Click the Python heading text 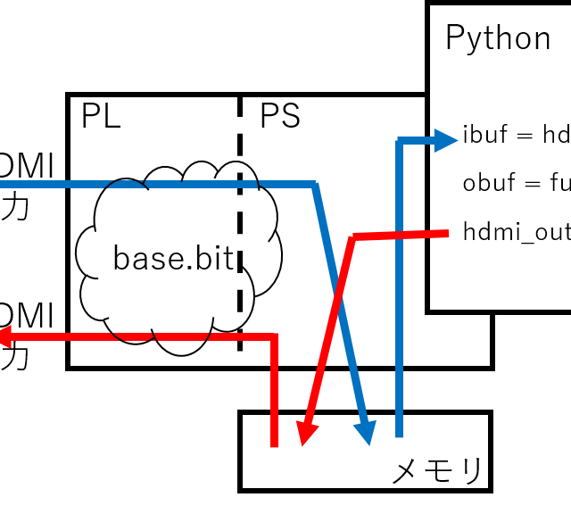coord(498,38)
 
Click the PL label coord(101,117)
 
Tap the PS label coord(279,117)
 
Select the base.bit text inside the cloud coord(173,259)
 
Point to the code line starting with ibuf coord(516,136)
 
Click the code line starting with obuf coord(516,184)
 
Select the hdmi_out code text coord(516,232)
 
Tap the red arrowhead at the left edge coord(4,336)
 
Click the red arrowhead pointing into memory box coord(306,434)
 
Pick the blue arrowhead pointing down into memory coord(365,432)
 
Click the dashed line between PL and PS coord(240,223)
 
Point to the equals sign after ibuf coord(525,137)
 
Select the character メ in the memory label coord(408,470)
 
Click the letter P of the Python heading coord(455,38)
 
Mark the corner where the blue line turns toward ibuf coord(400,140)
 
